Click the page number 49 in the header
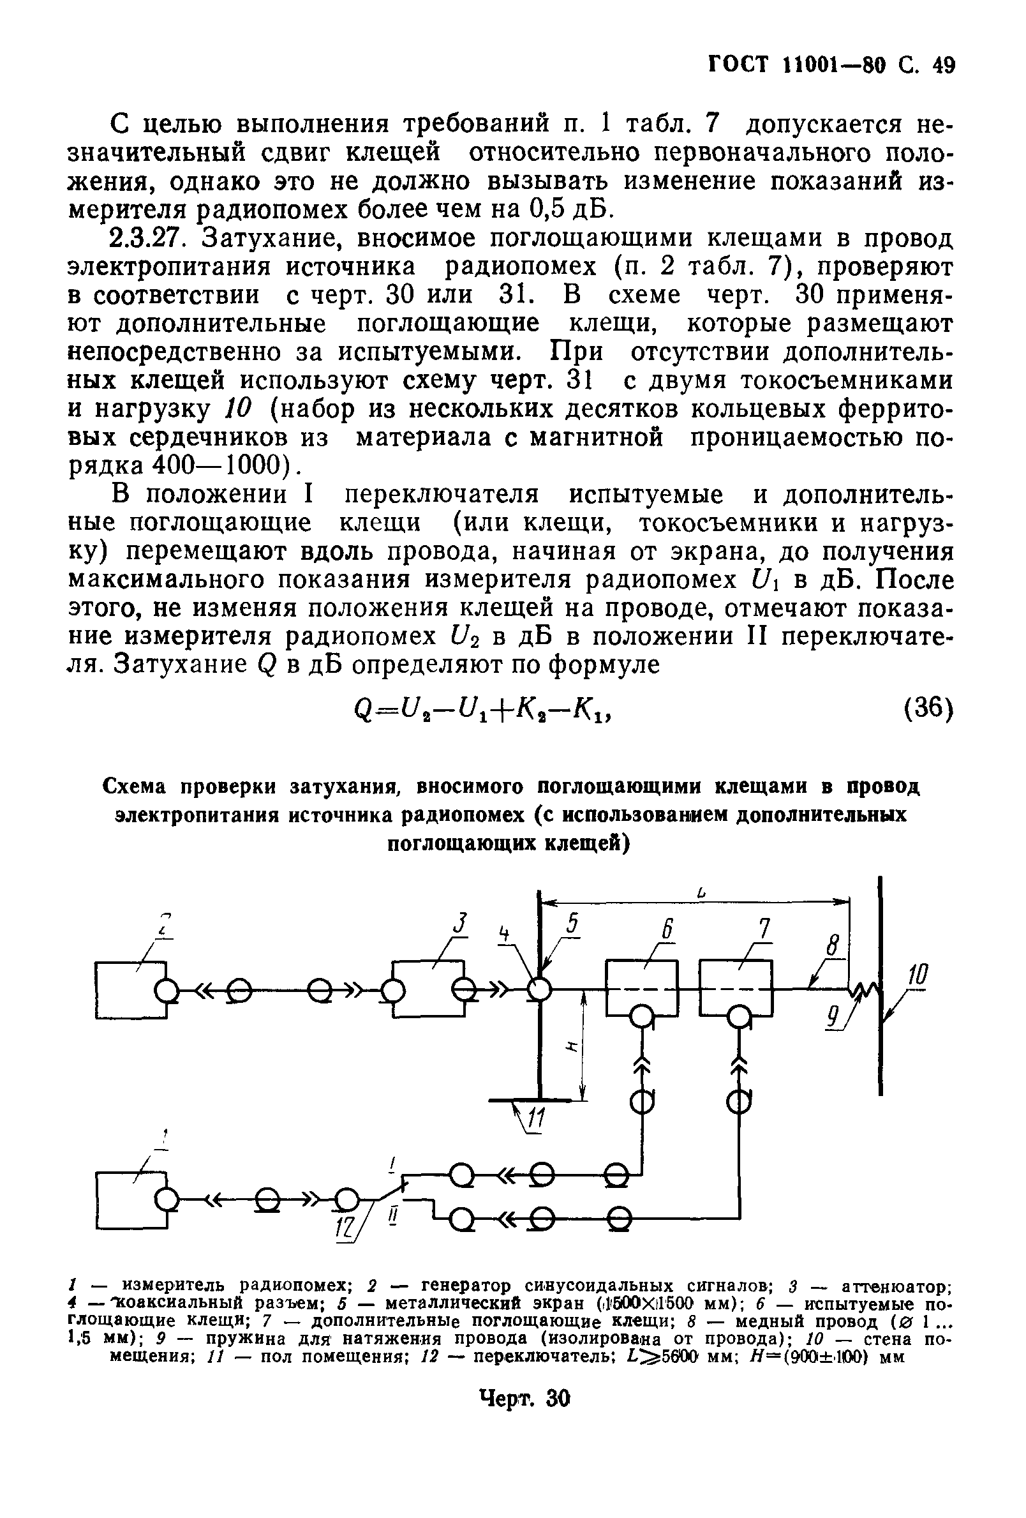point(939,66)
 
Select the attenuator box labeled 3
point(427,989)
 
